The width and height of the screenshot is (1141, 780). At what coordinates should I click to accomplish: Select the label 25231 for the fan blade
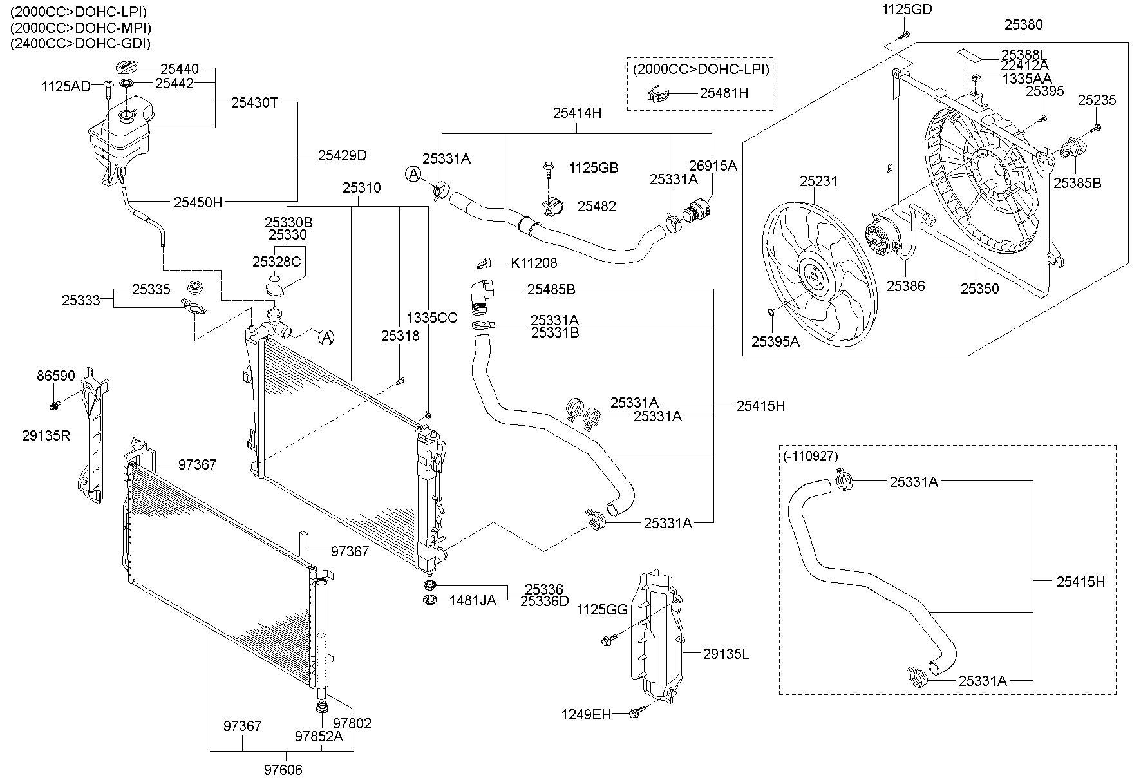click(x=819, y=182)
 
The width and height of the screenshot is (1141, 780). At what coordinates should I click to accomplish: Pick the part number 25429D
click(x=342, y=155)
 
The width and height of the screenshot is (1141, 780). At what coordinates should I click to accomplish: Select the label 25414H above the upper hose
click(x=577, y=113)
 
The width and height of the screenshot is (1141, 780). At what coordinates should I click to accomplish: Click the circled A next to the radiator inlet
click(x=326, y=337)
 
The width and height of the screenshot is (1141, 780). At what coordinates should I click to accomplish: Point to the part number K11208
click(x=534, y=263)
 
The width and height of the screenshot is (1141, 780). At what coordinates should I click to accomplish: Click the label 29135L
click(x=726, y=654)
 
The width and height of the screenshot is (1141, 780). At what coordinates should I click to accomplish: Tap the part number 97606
click(x=283, y=770)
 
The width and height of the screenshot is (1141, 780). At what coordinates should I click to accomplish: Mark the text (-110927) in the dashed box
click(x=811, y=456)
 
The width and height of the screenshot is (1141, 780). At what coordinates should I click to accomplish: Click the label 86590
click(x=55, y=376)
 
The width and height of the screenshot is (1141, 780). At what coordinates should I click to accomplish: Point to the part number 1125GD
click(x=905, y=9)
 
